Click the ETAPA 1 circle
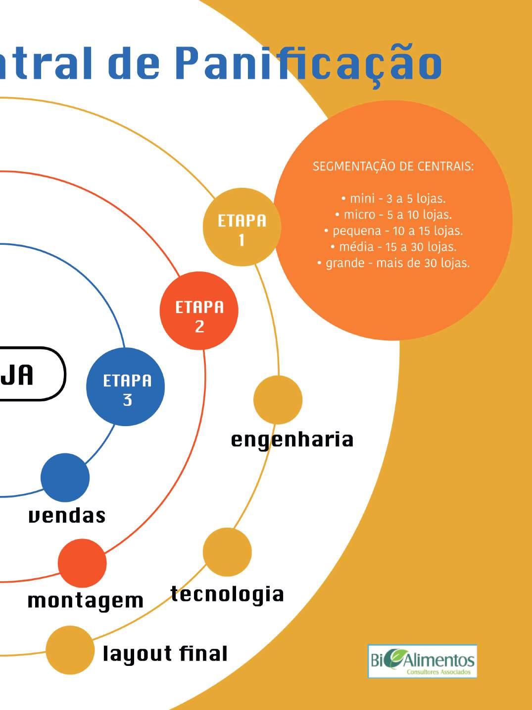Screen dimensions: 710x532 pyautogui.click(x=242, y=227)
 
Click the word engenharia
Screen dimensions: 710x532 pyautogui.click(x=292, y=440)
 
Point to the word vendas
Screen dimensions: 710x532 pyautogui.click(x=67, y=516)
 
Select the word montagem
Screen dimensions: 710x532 pyautogui.click(x=85, y=601)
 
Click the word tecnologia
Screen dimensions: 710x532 pyautogui.click(x=227, y=594)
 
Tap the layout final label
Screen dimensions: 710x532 pyautogui.click(x=165, y=654)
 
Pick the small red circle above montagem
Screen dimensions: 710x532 pyautogui.click(x=82, y=563)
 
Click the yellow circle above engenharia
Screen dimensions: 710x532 pyautogui.click(x=278, y=400)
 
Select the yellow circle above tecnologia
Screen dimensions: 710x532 pyautogui.click(x=227, y=552)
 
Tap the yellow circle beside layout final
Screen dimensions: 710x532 pyautogui.click(x=70, y=650)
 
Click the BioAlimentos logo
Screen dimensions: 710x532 pyautogui.click(x=422, y=661)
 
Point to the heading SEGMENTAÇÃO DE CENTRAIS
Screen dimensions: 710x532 pyautogui.click(x=393, y=166)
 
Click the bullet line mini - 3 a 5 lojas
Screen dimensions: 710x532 pyautogui.click(x=393, y=199)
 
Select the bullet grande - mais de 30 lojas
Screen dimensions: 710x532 pyautogui.click(x=393, y=263)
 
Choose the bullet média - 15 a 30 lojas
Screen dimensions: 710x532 pyautogui.click(x=393, y=247)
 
